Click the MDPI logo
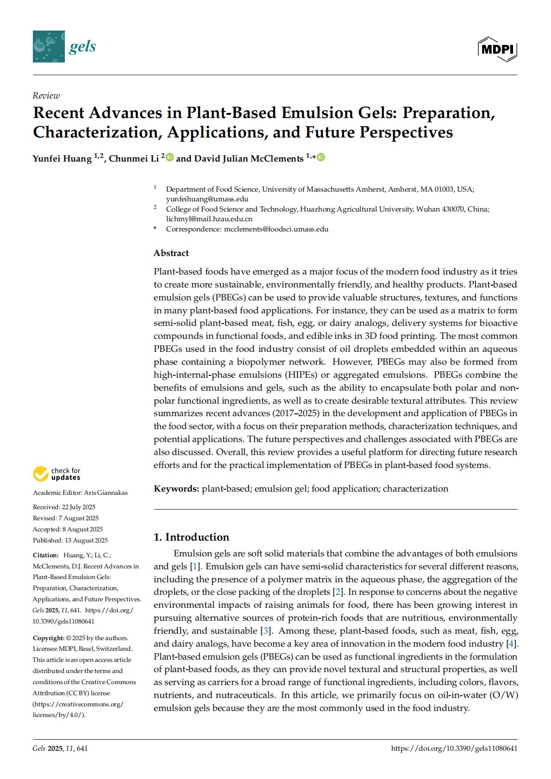point(497,49)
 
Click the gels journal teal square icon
point(49,46)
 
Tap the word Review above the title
point(46,95)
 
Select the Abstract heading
point(171,253)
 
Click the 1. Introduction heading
point(191,537)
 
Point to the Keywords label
point(176,489)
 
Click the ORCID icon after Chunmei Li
point(170,158)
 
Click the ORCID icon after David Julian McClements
point(321,158)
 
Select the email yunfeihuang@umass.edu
point(207,199)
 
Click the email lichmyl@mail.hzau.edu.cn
point(209,219)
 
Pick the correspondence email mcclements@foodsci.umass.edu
point(276,229)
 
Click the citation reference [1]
point(195,567)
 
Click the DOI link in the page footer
point(454,748)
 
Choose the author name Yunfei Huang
point(62,159)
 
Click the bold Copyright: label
point(49,638)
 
